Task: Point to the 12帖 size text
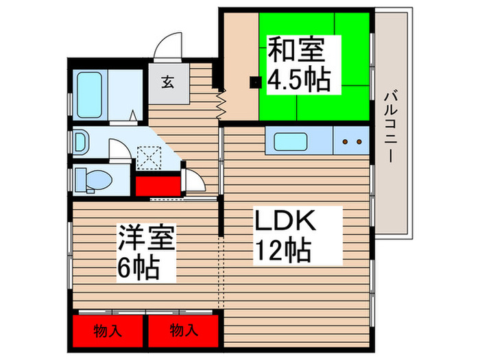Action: (283, 249)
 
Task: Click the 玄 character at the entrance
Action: (167, 82)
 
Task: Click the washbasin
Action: (80, 142)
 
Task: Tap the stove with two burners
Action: (350, 143)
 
